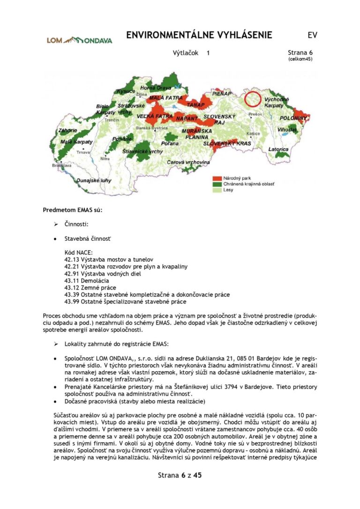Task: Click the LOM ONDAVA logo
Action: click(79, 40)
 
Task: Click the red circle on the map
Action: click(253, 99)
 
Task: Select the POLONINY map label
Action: click(293, 118)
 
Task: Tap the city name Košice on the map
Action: click(254, 133)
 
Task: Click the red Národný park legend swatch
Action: click(216, 179)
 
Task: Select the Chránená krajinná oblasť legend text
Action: click(248, 184)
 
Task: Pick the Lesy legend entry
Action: click(228, 190)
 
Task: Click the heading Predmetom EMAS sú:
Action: click(72, 210)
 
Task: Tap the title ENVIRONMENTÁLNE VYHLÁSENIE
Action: click(199, 36)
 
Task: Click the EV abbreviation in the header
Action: click(312, 36)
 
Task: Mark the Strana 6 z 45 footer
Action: click(180, 475)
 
